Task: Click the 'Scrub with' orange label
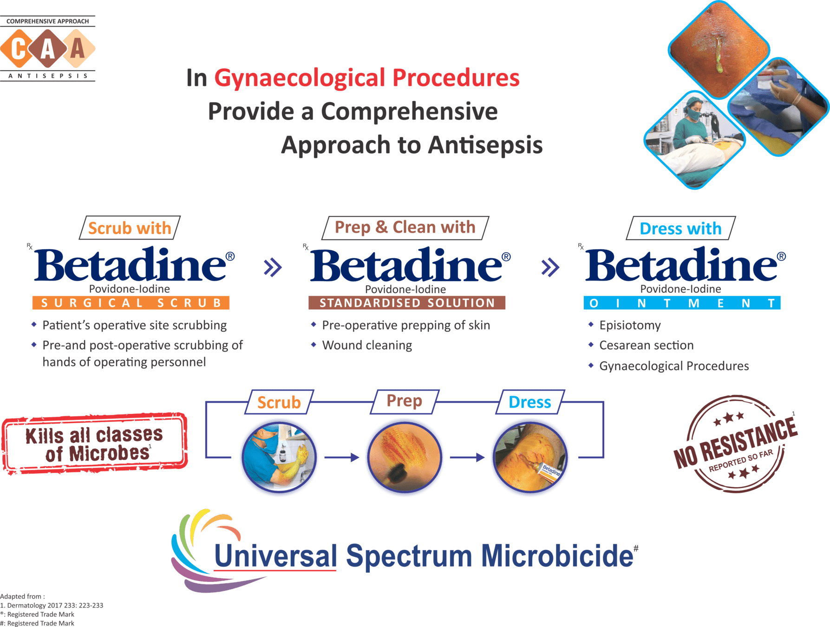pos(130,228)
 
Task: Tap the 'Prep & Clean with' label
pos(405,228)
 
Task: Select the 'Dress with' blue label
pos(680,229)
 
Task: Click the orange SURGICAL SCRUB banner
pos(131,303)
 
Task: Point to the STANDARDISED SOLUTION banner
pos(407,303)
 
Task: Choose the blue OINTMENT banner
pos(682,303)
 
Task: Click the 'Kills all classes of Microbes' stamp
pos(95,443)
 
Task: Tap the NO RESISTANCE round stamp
pos(736,444)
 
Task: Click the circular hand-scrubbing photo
pos(279,457)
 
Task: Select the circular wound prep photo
pos(404,457)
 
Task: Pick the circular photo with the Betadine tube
pos(530,457)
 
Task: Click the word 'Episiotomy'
pos(630,325)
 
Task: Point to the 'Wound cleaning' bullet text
pos(367,346)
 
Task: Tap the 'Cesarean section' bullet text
pos(646,346)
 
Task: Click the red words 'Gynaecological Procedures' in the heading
pos(366,78)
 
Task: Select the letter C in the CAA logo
pos(18,49)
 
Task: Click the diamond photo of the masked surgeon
pos(694,139)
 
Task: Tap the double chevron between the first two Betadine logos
pos(273,267)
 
